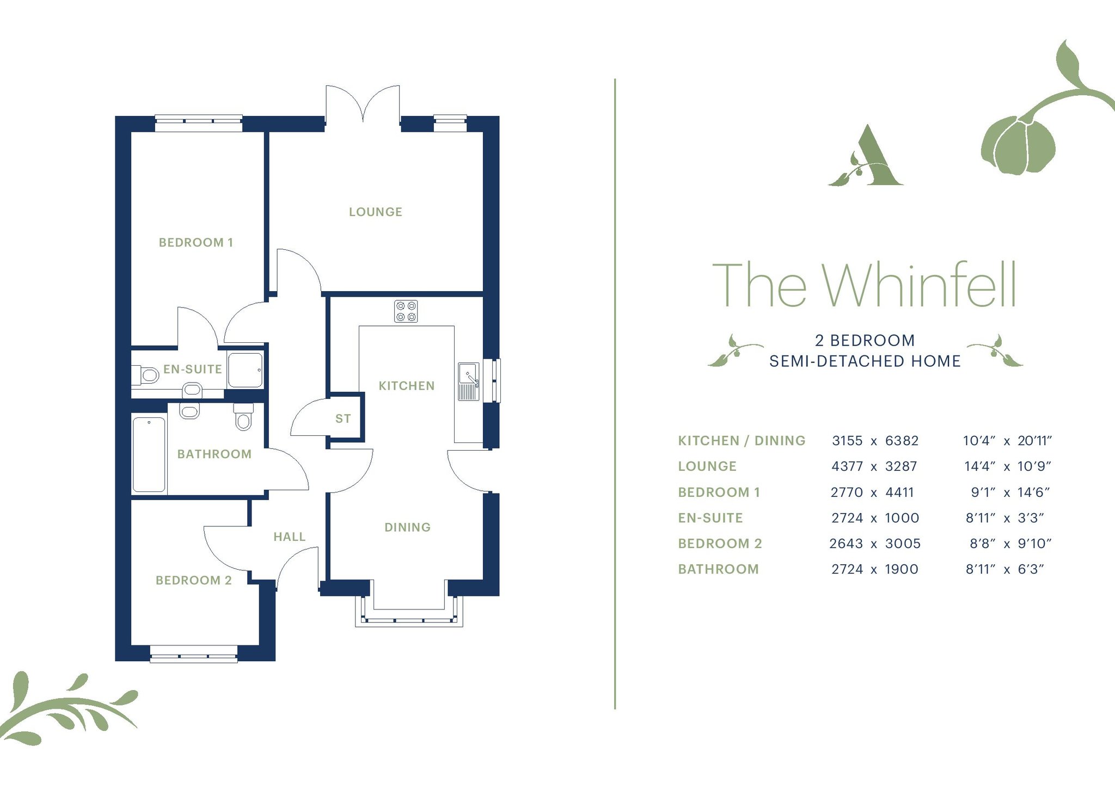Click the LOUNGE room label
click(375, 212)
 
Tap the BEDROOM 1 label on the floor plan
click(195, 242)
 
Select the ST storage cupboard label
click(343, 418)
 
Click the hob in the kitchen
click(406, 311)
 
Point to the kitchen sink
click(468, 381)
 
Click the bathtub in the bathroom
click(149, 454)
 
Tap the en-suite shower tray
click(245, 370)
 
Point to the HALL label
click(289, 537)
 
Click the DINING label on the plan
click(407, 527)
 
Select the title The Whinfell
click(864, 285)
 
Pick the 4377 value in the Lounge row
click(847, 466)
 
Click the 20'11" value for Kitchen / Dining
click(1034, 441)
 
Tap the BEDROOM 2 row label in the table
click(720, 544)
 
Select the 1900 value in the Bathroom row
click(902, 569)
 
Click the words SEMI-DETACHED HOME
click(865, 361)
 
